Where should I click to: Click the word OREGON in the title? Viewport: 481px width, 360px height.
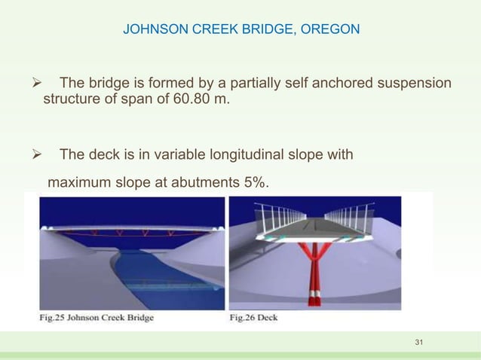(x=332, y=30)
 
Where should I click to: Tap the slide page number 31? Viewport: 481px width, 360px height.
(x=420, y=344)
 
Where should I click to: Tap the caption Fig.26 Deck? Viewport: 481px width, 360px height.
(x=253, y=317)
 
